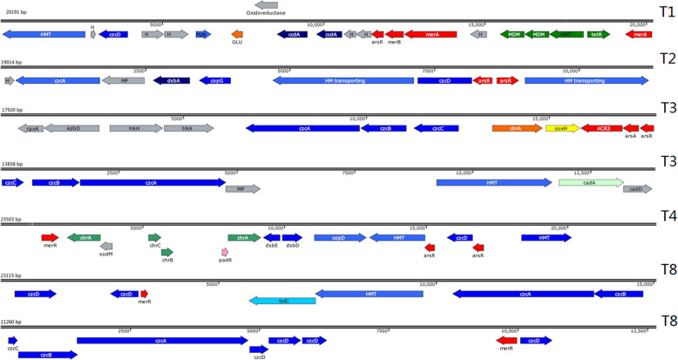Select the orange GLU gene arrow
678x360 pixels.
pyautogui.click(x=237, y=34)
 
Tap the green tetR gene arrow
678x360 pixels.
pyautogui.click(x=598, y=34)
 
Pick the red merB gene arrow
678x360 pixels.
pyautogui.click(x=394, y=34)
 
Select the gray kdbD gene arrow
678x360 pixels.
pyautogui.click(x=73, y=128)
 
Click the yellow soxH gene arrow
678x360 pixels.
pyautogui.click(x=562, y=128)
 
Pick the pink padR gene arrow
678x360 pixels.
pyautogui.click(x=225, y=252)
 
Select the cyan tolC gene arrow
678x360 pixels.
pyautogui.click(x=282, y=301)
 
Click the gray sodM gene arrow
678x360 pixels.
pyautogui.click(x=107, y=247)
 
